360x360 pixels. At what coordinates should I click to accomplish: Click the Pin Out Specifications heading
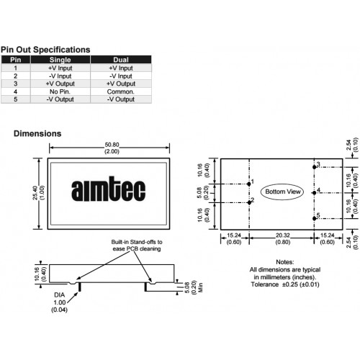click(45, 50)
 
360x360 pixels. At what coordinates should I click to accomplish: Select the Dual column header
click(121, 60)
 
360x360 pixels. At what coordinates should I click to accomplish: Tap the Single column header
click(60, 60)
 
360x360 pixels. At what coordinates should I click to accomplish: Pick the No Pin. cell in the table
click(60, 91)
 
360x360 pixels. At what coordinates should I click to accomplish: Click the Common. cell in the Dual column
click(121, 91)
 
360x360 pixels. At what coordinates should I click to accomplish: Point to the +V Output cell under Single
click(60, 84)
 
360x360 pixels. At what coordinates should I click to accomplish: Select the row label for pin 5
click(16, 99)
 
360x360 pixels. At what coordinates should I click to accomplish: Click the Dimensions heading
click(37, 133)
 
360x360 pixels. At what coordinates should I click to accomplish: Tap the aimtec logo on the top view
click(109, 189)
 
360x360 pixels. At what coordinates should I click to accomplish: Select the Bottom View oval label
click(282, 192)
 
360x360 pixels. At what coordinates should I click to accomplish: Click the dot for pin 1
click(249, 184)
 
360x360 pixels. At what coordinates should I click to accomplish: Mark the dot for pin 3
click(315, 167)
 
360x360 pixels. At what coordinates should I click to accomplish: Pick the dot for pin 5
click(315, 218)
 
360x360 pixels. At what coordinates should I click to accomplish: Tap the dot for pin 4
click(315, 193)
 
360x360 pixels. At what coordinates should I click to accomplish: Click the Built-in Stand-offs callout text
click(137, 246)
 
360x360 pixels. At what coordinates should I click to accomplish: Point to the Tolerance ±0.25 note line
click(285, 284)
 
